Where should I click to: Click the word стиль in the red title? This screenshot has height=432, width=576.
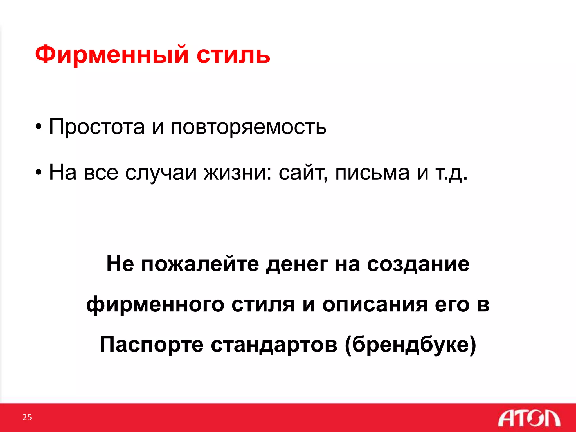coord(233,55)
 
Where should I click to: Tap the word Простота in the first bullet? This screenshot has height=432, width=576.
coord(97,127)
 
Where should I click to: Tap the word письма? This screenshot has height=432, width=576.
coord(372,172)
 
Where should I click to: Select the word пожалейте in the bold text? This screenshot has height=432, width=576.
coord(200,264)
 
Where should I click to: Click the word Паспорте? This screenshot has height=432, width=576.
coord(152,345)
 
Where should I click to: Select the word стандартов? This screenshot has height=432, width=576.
coord(274,345)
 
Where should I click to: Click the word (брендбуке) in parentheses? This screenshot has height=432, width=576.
coord(410,345)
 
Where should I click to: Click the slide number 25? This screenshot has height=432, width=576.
coord(27,417)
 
